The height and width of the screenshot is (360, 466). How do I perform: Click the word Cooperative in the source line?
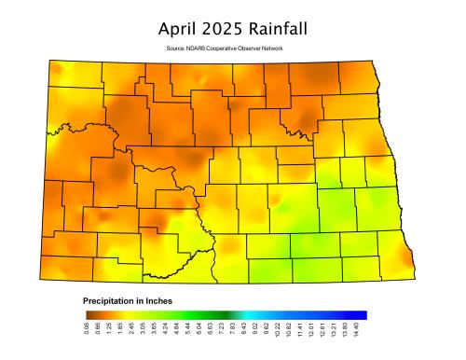coord(232,48)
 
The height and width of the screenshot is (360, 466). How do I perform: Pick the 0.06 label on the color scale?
coord(86,331)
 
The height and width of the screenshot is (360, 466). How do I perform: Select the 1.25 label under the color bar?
coord(109,331)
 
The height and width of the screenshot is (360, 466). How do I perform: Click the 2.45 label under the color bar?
coord(132,331)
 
